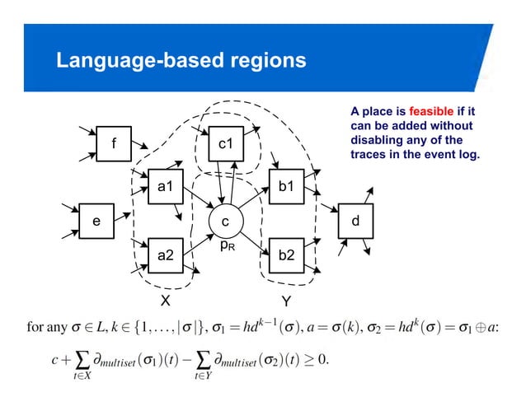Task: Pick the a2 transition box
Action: tap(165, 256)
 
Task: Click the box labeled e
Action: tap(96, 221)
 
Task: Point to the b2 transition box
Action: tap(285, 256)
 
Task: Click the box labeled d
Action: tap(355, 221)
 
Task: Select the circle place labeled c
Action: tap(224, 222)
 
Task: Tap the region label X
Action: tap(165, 300)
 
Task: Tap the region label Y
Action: tap(286, 300)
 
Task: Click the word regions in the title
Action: tap(270, 61)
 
